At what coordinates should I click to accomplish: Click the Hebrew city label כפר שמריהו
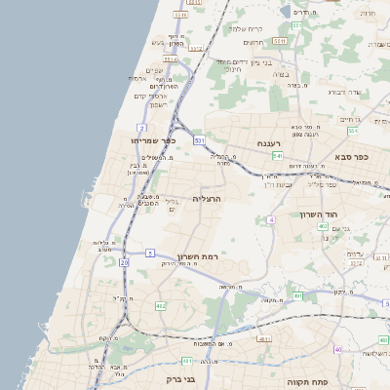click(153, 140)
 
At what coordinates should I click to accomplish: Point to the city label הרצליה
click(208, 198)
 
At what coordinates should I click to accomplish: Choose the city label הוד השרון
click(317, 214)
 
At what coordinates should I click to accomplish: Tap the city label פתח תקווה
click(305, 382)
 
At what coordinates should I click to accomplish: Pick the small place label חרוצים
click(253, 42)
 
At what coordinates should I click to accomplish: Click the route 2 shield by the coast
click(142, 128)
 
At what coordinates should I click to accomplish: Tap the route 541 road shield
click(278, 155)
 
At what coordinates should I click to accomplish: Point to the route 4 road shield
click(270, 219)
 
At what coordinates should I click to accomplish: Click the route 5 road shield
click(150, 253)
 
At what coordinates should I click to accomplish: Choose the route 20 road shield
click(124, 262)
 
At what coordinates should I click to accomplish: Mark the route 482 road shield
click(161, 305)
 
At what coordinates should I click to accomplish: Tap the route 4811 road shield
click(264, 339)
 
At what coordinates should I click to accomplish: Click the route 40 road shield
click(338, 349)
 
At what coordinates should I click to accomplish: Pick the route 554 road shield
click(353, 131)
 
